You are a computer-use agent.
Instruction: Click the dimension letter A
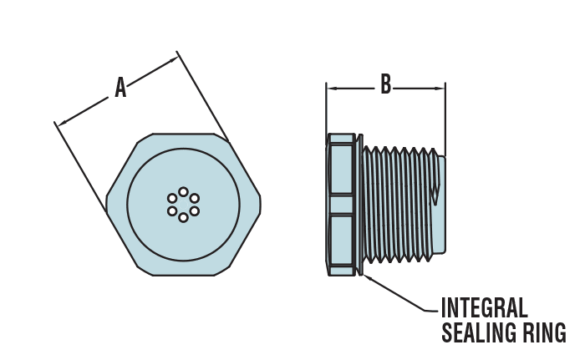[120, 87]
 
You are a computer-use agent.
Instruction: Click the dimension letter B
[385, 84]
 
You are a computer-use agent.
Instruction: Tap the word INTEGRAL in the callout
[484, 307]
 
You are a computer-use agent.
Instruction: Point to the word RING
[545, 332]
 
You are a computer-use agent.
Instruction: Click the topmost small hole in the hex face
[183, 192]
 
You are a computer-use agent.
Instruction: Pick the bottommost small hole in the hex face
[183, 218]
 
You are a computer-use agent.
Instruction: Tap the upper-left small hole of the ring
[172, 198]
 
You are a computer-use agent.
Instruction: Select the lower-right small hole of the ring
[194, 211]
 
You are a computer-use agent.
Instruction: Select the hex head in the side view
[342, 205]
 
